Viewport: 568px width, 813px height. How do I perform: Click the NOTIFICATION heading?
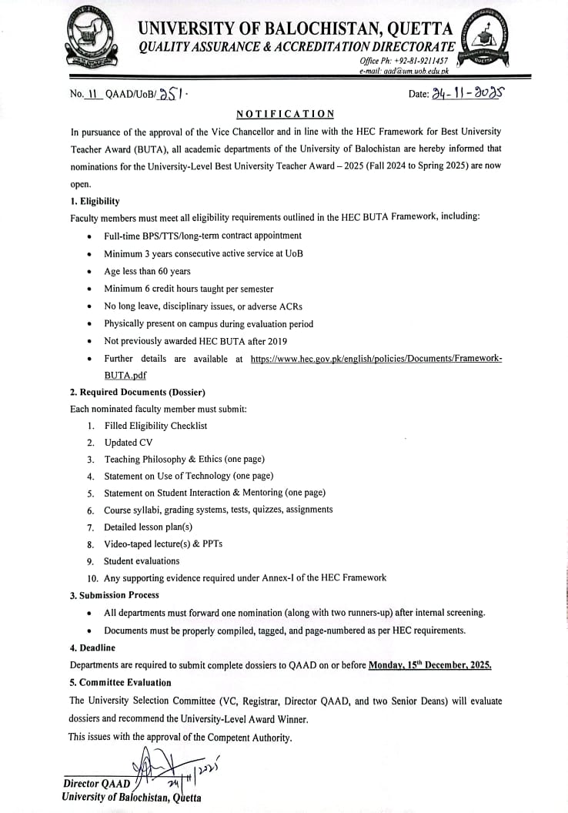(x=285, y=114)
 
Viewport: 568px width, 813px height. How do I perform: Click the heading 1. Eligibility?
(x=95, y=201)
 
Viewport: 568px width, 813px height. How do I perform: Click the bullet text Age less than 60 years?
(x=147, y=271)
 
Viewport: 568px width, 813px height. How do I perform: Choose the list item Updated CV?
(x=129, y=443)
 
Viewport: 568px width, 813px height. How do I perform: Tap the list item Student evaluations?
(x=142, y=561)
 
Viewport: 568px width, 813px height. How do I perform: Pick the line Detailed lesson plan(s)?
(x=149, y=527)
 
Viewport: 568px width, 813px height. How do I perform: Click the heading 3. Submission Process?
(x=115, y=595)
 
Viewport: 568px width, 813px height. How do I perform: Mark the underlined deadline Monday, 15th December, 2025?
(x=429, y=664)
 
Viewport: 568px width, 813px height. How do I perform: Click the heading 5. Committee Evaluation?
(x=121, y=682)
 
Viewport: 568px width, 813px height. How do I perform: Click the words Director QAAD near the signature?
(x=97, y=784)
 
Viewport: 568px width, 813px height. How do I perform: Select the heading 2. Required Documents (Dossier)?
(x=137, y=392)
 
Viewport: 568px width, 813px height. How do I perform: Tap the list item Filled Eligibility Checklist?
(x=155, y=426)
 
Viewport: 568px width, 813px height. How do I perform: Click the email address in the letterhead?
(x=403, y=70)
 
